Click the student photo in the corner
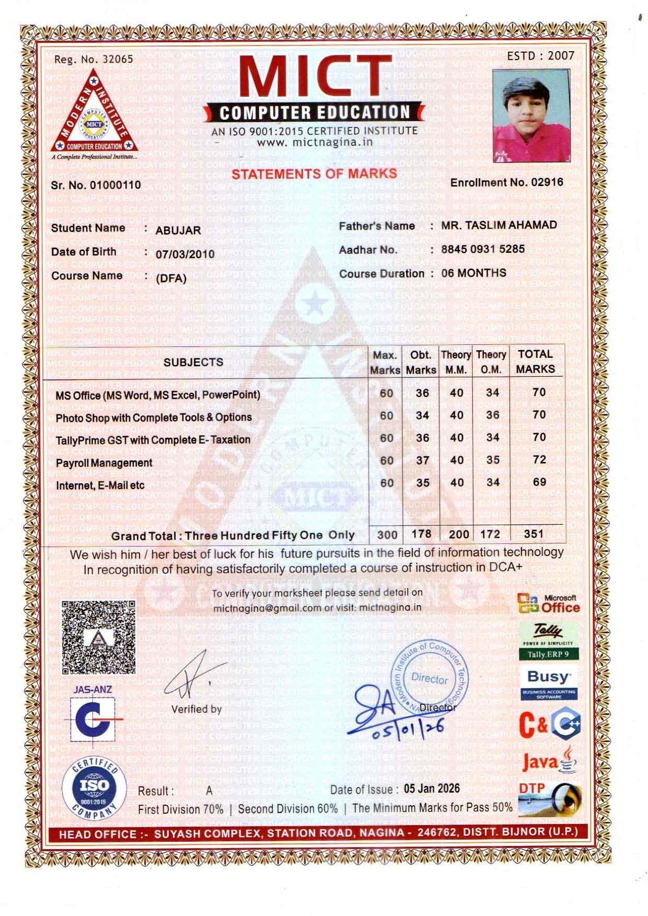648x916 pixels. (x=531, y=116)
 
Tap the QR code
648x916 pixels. (x=98, y=637)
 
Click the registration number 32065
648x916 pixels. (x=118, y=59)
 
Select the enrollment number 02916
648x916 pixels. (x=547, y=182)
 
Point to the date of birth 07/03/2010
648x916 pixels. (x=185, y=254)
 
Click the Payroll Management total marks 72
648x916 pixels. (x=539, y=460)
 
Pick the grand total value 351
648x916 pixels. (x=534, y=534)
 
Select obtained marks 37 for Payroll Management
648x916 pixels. (x=422, y=460)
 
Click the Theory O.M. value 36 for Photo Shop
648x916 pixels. (x=492, y=415)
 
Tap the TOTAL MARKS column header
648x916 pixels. (x=535, y=362)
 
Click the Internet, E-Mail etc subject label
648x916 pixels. (x=100, y=485)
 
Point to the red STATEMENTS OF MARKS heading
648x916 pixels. (x=314, y=174)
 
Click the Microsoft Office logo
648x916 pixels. (x=549, y=604)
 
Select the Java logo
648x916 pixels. (x=549, y=761)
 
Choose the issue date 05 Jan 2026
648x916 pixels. (x=432, y=789)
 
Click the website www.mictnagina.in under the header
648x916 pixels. (x=315, y=142)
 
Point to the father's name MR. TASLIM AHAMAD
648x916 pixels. (x=499, y=225)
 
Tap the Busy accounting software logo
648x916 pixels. (x=549, y=683)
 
